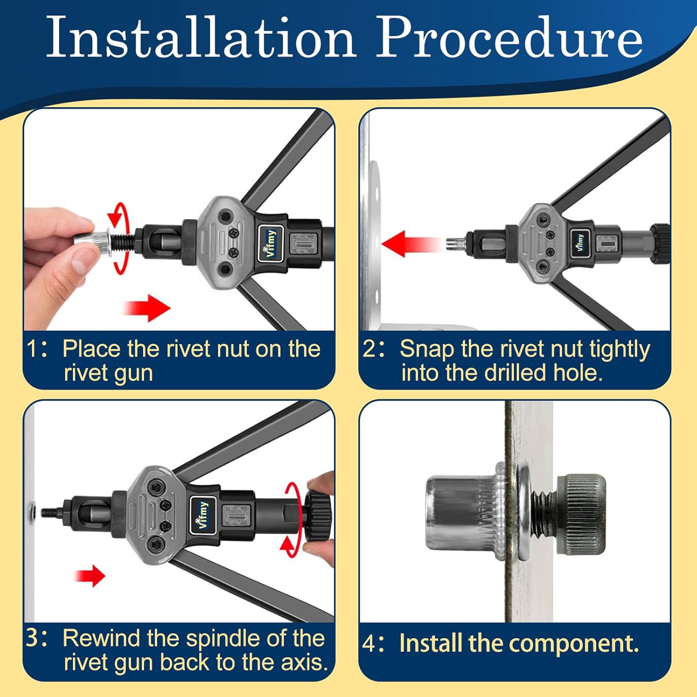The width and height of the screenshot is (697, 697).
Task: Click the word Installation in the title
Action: coord(201,37)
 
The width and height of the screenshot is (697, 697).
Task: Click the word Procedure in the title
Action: coord(510,37)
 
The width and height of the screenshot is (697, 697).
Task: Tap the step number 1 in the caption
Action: coord(32,349)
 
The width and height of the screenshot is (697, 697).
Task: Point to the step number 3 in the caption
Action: coord(33,638)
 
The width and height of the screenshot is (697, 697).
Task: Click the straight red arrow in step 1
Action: coord(147,307)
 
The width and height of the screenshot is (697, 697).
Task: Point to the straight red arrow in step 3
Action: coord(90,576)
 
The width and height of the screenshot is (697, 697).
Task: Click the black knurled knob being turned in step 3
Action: coord(318,517)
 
